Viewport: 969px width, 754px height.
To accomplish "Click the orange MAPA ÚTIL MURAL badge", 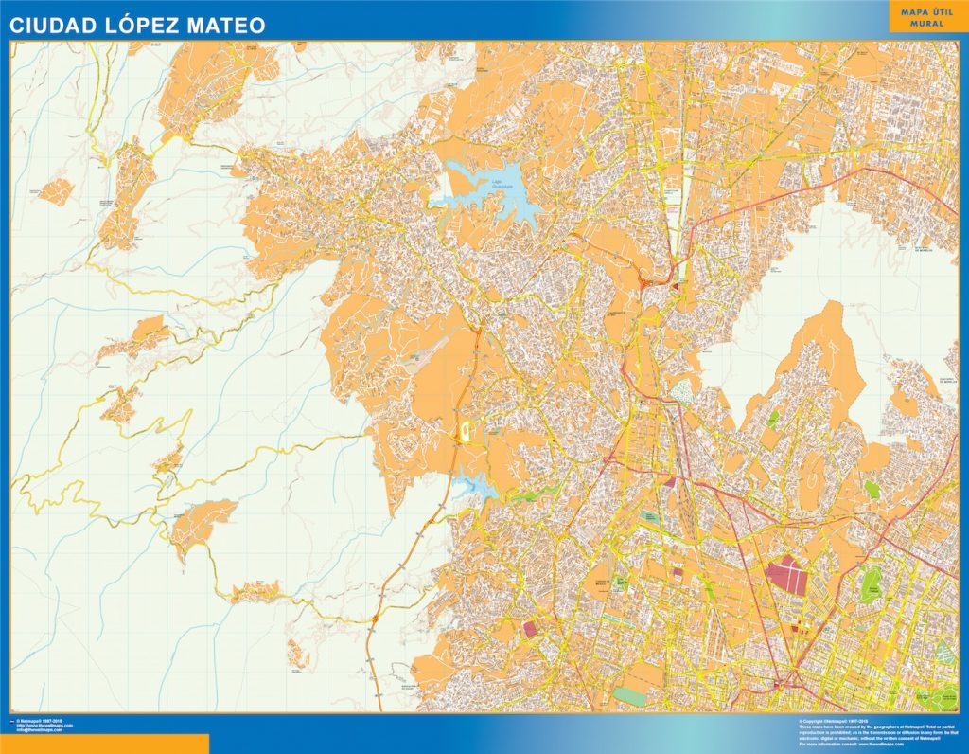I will (922, 17).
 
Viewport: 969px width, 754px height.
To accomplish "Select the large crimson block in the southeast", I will (786, 574).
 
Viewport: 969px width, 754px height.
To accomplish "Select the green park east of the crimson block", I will (871, 587).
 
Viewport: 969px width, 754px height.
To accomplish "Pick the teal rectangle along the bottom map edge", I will (628, 695).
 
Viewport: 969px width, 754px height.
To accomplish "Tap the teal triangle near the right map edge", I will (943, 651).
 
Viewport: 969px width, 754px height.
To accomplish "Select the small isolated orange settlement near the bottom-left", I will (297, 653).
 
